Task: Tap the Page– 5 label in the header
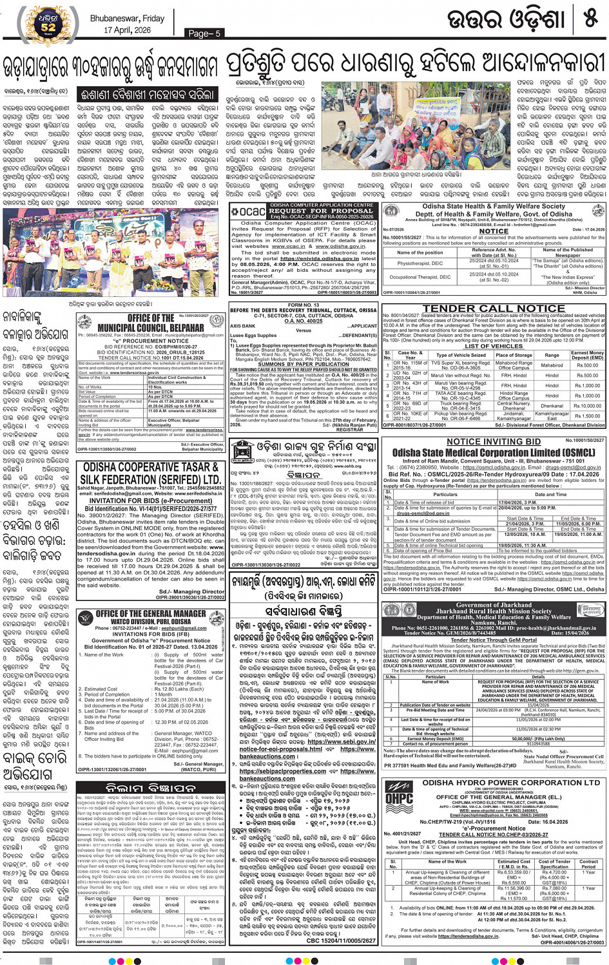point(204,33)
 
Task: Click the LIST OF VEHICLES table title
point(494,347)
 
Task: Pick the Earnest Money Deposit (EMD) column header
point(587,355)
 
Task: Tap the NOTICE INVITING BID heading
point(494,442)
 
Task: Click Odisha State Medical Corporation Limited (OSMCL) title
point(494,452)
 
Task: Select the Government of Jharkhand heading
point(494,605)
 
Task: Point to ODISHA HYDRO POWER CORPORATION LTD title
point(511,783)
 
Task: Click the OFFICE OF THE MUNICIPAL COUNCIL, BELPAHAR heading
point(151,323)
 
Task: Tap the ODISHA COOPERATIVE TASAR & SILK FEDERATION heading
point(151,473)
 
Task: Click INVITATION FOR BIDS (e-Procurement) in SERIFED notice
point(151,501)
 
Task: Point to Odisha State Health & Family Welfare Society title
point(494,207)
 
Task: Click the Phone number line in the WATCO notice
point(151,628)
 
